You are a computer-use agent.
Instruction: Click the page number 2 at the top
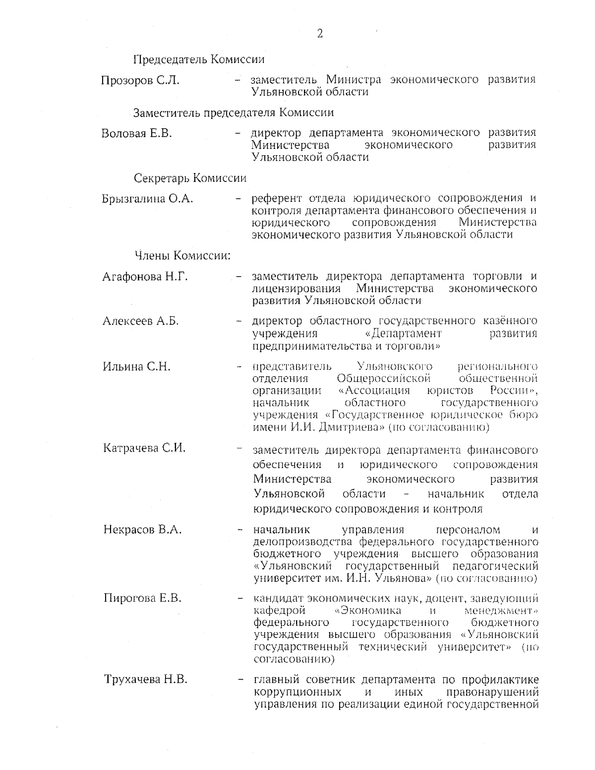point(319,34)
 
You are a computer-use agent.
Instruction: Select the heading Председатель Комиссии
point(198,59)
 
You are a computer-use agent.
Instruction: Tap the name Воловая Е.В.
point(136,133)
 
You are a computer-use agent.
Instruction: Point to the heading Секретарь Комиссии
point(190,178)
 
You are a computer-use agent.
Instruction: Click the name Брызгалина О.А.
point(147,199)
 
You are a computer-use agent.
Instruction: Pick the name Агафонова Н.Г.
point(145,277)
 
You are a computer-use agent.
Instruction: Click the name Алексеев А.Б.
point(140,321)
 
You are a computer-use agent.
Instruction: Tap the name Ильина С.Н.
point(136,367)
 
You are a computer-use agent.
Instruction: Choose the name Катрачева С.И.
point(144,448)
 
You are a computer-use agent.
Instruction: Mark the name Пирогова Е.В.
point(142,598)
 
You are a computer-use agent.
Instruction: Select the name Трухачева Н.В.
point(146,679)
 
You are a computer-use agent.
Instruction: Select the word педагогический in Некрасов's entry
point(495,566)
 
